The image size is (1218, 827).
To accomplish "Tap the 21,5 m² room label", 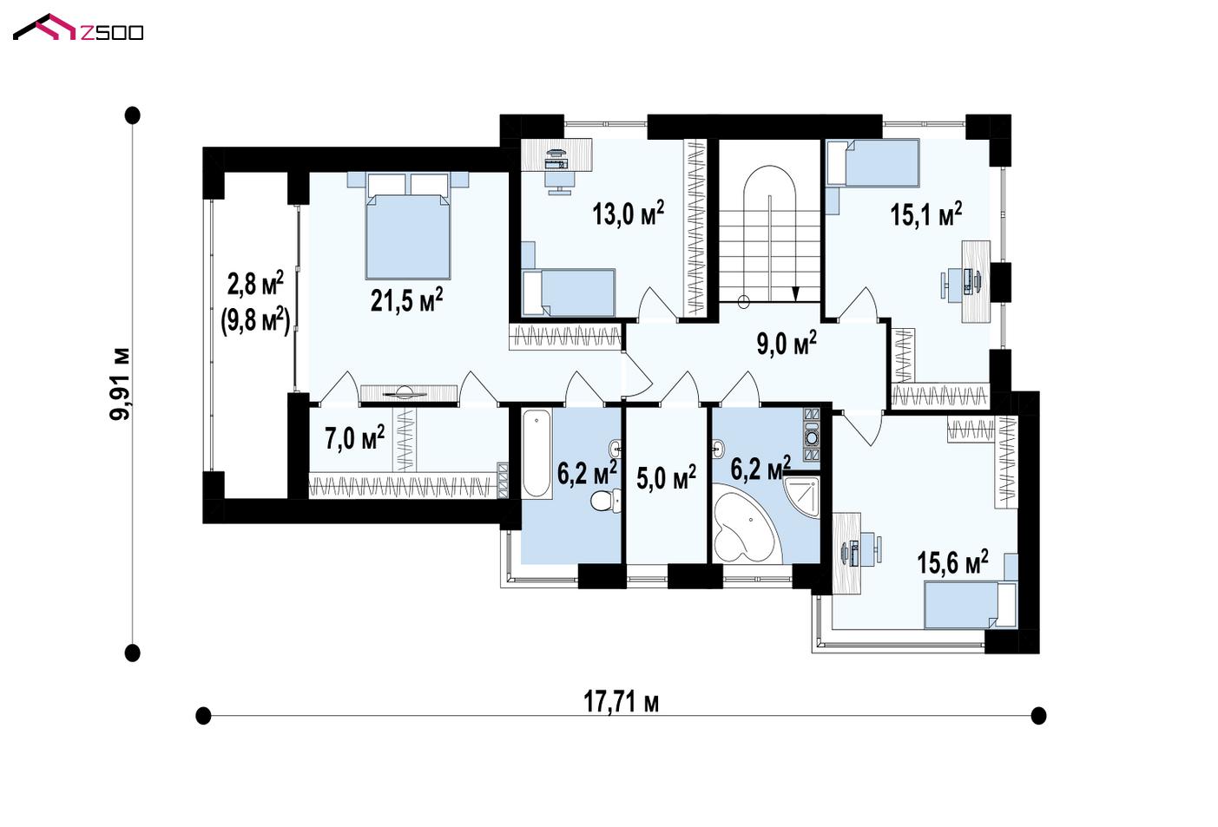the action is point(407,300).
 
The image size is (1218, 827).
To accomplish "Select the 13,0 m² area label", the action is point(628,213).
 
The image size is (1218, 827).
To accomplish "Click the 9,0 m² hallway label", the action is point(787,342).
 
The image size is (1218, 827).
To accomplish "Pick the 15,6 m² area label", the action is point(952,561).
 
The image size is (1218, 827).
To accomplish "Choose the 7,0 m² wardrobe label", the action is point(354,437).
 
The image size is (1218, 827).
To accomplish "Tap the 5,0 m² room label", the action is point(666,476).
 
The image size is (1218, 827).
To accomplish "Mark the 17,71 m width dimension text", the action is point(621,701).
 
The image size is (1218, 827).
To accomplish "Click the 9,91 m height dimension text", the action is point(120,384).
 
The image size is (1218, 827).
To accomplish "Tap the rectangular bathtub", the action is point(537,454).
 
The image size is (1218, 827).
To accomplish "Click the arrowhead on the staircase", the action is point(796,293).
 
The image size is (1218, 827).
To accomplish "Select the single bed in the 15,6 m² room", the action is point(971,605).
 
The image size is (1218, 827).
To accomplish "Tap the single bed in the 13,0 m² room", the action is point(569,292).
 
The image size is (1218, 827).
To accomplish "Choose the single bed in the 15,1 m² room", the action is point(872,162).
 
